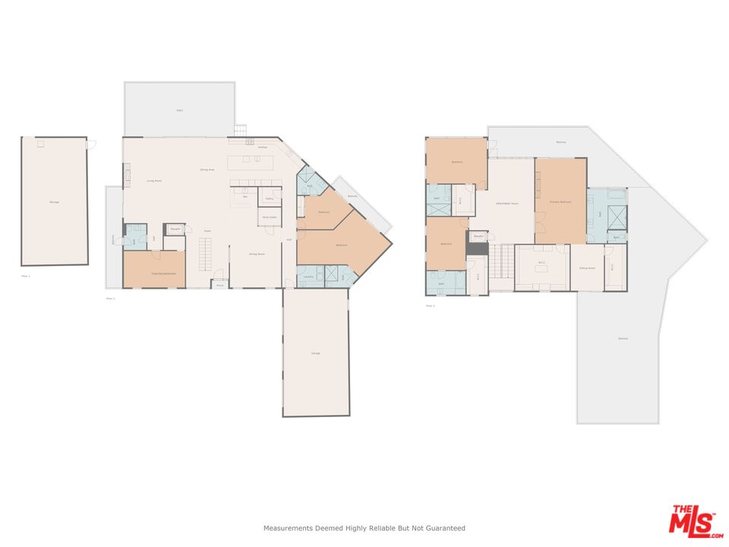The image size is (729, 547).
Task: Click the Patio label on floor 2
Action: (180, 110)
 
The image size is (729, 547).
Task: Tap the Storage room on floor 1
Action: (54, 202)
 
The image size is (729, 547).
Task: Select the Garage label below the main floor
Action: (316, 354)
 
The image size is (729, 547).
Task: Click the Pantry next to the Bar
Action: (269, 198)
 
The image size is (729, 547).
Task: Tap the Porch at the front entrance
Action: (219, 285)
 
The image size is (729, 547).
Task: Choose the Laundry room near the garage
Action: (308, 277)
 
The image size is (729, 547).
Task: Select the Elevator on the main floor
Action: (175, 228)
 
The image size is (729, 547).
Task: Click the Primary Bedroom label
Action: (560, 201)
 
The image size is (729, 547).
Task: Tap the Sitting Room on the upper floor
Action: (587, 268)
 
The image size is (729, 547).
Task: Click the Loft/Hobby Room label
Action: (507, 204)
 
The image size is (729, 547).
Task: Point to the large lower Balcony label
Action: (623, 338)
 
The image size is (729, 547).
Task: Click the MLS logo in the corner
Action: (691, 520)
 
